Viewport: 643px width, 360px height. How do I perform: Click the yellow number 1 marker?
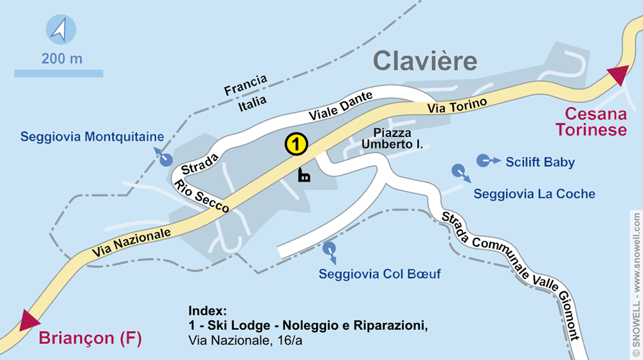coord(296,144)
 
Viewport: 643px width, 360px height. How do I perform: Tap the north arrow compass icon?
coord(60,30)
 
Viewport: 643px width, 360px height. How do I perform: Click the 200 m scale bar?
coord(59,73)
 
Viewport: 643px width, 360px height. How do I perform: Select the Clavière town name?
coord(425,61)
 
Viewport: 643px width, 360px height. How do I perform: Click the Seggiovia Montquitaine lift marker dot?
coord(166,159)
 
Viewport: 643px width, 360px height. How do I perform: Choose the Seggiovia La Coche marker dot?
coord(458,171)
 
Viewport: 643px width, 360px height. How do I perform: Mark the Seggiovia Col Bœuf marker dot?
coord(329,248)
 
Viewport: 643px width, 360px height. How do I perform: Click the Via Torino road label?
coord(458,106)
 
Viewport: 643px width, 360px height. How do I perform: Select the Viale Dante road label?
coord(340,106)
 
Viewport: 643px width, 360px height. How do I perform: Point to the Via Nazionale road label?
coord(131,242)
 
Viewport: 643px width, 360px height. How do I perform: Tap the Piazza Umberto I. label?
coord(392,139)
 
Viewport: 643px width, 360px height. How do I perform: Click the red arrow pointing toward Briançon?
coord(29,319)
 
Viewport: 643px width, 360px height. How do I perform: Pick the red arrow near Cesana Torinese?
coord(618,75)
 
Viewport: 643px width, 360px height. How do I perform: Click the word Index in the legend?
coord(208,309)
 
